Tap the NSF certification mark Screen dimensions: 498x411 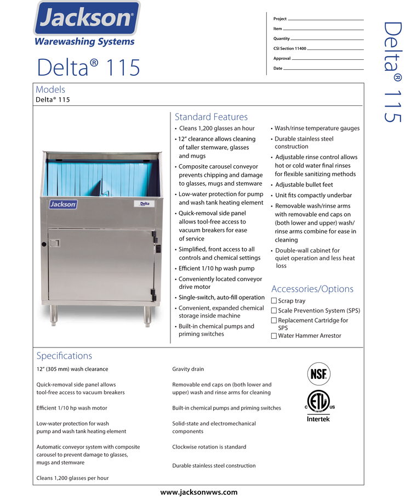[x=318, y=374]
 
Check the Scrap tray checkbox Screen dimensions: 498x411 [x=274, y=301]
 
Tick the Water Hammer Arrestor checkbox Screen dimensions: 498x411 [x=274, y=336]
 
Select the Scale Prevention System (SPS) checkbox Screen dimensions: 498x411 [x=274, y=311]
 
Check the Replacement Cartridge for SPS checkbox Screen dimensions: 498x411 [x=274, y=321]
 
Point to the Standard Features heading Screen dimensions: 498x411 [x=211, y=117]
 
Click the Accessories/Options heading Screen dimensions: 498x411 [x=312, y=289]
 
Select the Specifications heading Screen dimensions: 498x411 [x=64, y=356]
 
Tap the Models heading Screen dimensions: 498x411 [x=50, y=89]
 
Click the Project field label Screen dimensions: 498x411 [x=280, y=19]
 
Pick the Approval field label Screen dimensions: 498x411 [x=282, y=59]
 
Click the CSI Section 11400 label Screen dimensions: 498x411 [x=289, y=49]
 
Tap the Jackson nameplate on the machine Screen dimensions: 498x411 [x=64, y=204]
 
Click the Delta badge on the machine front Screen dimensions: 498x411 [x=144, y=204]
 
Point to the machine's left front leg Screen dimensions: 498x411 [x=54, y=314]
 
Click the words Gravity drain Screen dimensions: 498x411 [x=188, y=369]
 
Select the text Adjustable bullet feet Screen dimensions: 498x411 [x=304, y=185]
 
